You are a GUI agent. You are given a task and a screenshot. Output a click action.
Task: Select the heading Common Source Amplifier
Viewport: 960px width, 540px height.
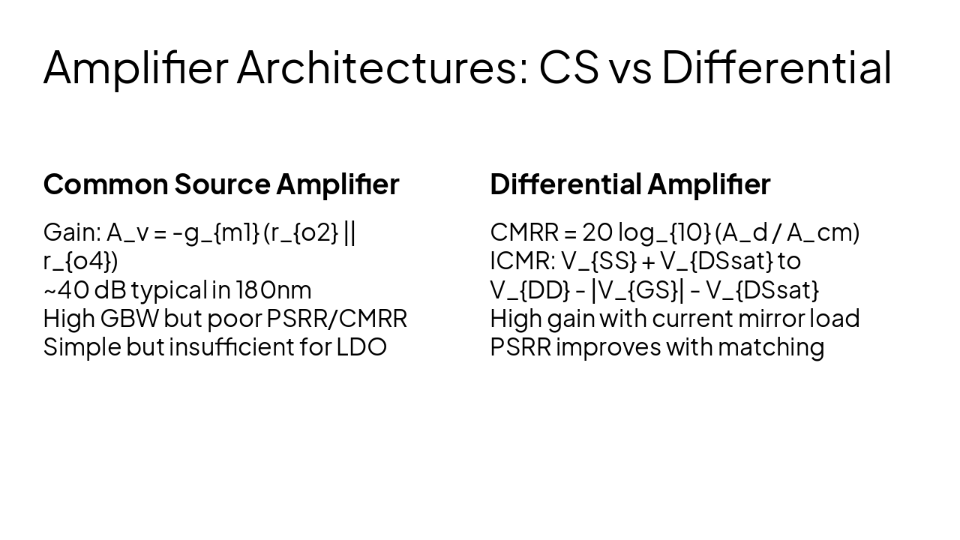(221, 184)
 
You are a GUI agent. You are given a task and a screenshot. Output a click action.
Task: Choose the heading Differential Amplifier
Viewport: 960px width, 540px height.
(630, 184)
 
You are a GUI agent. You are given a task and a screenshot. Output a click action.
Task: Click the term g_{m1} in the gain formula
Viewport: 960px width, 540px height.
(222, 233)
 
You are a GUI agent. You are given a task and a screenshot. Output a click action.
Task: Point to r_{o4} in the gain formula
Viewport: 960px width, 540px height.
(79, 262)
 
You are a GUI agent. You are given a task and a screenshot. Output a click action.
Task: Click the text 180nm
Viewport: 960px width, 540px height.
(274, 289)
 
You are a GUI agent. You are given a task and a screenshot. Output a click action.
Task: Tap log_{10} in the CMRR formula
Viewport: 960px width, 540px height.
(664, 233)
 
